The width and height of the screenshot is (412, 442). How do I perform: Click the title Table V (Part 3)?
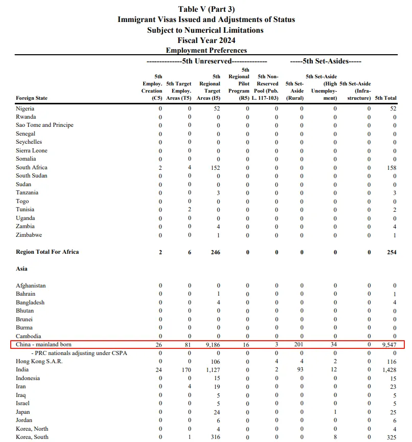pos(206,9)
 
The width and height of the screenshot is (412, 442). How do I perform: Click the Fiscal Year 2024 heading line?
pos(206,40)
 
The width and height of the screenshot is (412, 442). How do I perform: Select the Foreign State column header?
pos(32,98)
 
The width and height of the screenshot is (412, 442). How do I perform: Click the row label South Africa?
pos(32,167)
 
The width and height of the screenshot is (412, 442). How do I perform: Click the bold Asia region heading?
pos(21,269)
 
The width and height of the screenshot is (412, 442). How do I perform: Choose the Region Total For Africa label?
pos(48,252)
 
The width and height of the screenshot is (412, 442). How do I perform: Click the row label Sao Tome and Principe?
pos(44,125)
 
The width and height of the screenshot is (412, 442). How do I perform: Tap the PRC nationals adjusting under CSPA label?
pos(79,353)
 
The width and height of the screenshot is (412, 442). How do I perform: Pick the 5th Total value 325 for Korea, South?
pos(391,437)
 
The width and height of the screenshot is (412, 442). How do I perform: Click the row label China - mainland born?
pos(44,345)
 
